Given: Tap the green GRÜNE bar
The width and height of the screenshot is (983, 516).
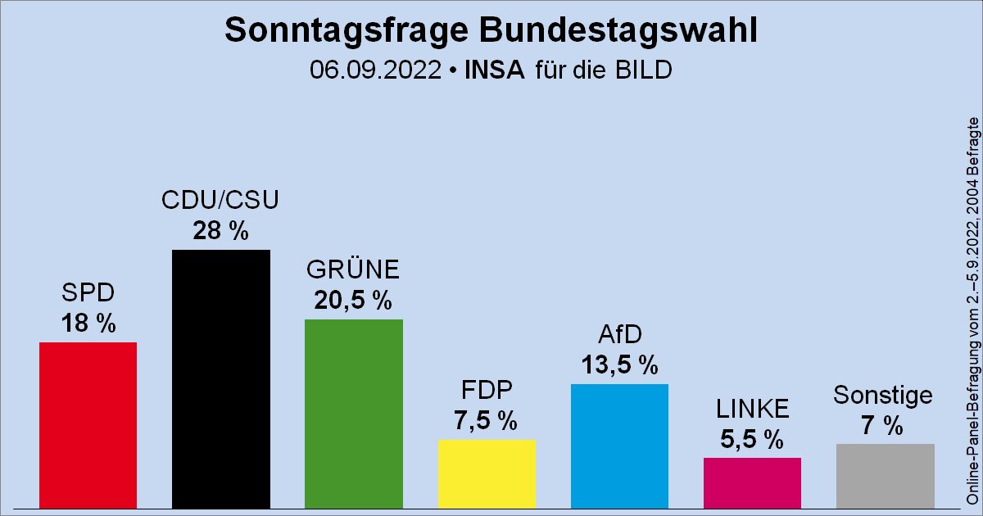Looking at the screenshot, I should (353, 413).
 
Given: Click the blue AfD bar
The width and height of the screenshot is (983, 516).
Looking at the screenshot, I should (619, 446).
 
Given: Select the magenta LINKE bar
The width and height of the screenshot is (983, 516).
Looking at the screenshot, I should (752, 482).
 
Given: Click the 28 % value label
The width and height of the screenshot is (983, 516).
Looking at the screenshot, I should (220, 232).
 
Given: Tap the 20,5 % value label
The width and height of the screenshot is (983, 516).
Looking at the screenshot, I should (353, 301).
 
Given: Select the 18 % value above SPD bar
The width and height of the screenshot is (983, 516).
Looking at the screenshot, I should (88, 324).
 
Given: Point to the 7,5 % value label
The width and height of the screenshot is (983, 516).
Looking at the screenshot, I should (487, 421).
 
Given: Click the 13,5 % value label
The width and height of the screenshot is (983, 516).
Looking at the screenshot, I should (619, 365).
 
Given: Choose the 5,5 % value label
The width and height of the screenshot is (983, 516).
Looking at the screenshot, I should (752, 439).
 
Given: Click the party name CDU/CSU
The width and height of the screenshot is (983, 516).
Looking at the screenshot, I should (220, 201).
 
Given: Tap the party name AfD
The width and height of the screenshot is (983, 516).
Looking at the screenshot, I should (619, 334).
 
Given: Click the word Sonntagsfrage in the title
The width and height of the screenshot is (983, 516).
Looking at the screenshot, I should (330, 30).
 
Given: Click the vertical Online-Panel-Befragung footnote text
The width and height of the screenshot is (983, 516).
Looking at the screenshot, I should (972, 311).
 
